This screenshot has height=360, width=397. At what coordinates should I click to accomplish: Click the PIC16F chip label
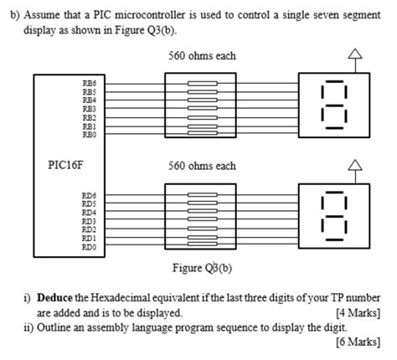68,165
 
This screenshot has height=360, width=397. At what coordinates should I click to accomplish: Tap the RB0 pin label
89,135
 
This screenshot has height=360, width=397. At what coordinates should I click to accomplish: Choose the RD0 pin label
89,247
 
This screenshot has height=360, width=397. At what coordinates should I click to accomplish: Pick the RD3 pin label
89,221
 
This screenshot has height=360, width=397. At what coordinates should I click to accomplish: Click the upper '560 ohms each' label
202,56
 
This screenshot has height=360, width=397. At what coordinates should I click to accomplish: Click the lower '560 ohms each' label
202,167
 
